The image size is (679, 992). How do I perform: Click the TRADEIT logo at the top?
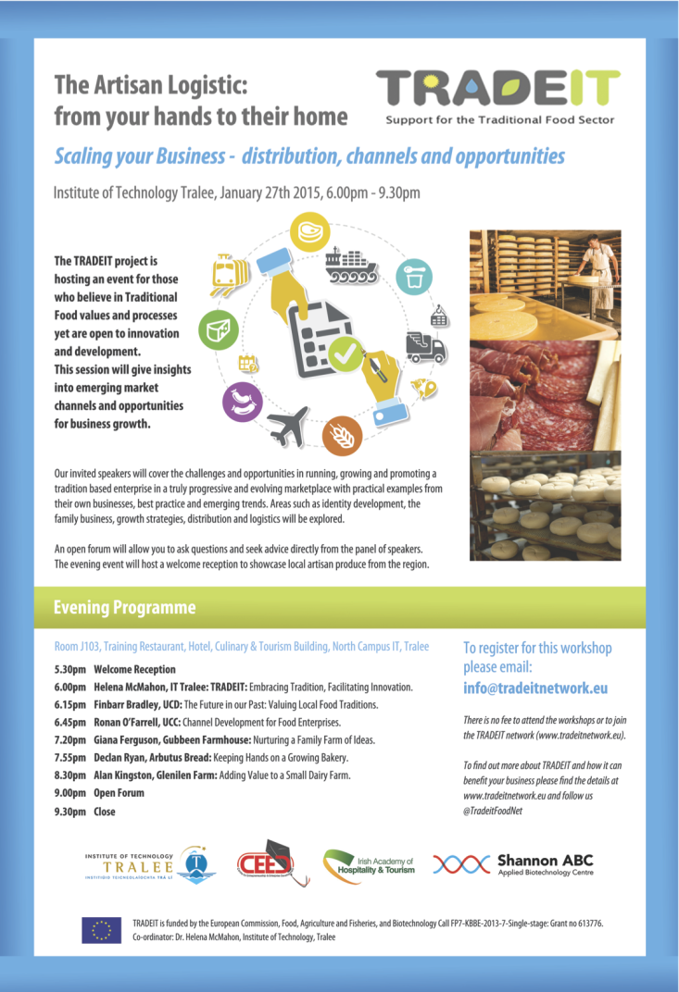pyautogui.click(x=497, y=90)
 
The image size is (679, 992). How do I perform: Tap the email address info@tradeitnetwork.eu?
pyautogui.click(x=535, y=688)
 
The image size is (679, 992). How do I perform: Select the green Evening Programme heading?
pyautogui.click(x=125, y=608)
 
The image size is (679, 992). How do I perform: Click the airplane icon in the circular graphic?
pyautogui.click(x=288, y=427)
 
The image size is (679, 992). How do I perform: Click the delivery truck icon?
pyautogui.click(x=425, y=348)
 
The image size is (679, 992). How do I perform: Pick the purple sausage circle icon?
pyautogui.click(x=242, y=403)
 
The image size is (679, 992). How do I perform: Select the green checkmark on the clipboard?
pyautogui.click(x=346, y=353)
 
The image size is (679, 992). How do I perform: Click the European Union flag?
pyautogui.click(x=101, y=929)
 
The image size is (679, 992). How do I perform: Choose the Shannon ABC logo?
pyautogui.click(x=514, y=864)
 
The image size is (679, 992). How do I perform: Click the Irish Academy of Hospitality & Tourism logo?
pyautogui.click(x=370, y=866)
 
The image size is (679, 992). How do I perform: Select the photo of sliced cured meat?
pyautogui.click(x=545, y=392)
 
